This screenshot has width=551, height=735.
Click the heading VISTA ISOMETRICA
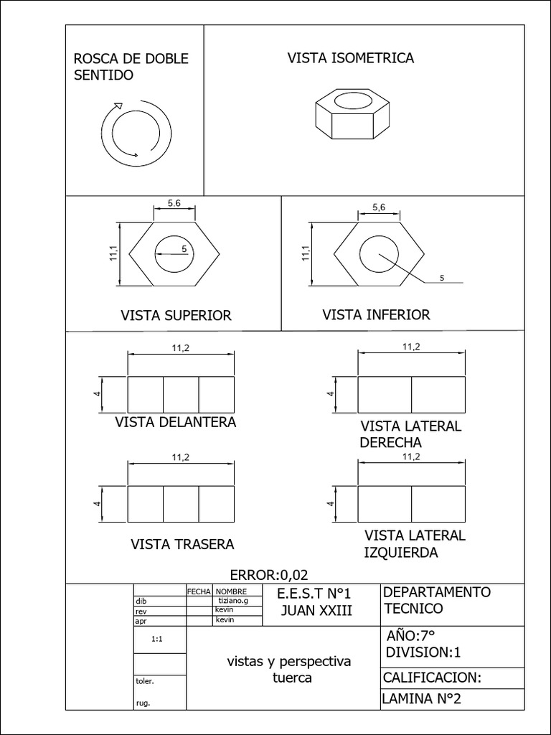(x=351, y=58)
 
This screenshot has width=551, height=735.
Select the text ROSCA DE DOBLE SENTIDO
(x=131, y=67)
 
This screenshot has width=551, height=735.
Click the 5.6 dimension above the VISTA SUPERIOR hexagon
(x=174, y=204)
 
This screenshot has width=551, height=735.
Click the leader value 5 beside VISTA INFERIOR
(x=442, y=278)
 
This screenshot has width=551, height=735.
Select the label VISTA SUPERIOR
(x=176, y=316)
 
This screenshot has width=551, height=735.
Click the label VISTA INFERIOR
(x=376, y=314)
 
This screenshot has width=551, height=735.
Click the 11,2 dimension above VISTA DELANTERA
(x=181, y=347)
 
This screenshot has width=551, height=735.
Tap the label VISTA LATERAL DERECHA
(x=410, y=434)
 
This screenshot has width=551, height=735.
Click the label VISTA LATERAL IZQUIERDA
(x=414, y=544)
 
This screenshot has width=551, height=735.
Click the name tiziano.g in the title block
(x=232, y=601)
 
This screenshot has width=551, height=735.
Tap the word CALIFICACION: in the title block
(x=431, y=678)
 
